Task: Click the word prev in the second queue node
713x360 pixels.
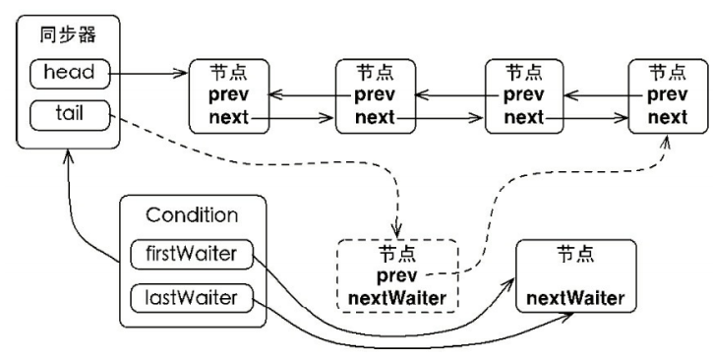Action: [x=375, y=96]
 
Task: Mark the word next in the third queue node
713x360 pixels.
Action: [x=523, y=117]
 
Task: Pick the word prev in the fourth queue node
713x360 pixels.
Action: [x=668, y=96]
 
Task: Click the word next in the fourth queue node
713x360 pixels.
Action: [x=668, y=117]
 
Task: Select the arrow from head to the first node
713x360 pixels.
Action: [x=148, y=74]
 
